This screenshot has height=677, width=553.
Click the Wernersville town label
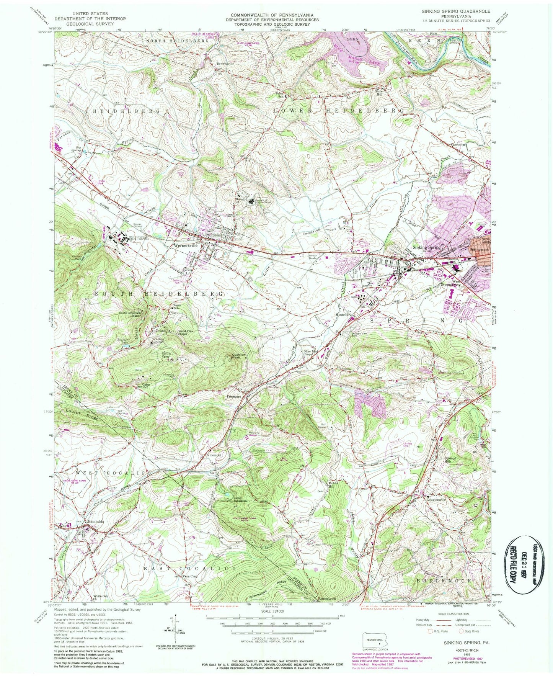pos(185,245)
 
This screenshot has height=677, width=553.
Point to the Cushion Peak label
pos(238,357)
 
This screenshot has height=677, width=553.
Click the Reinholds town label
pos(96,522)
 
